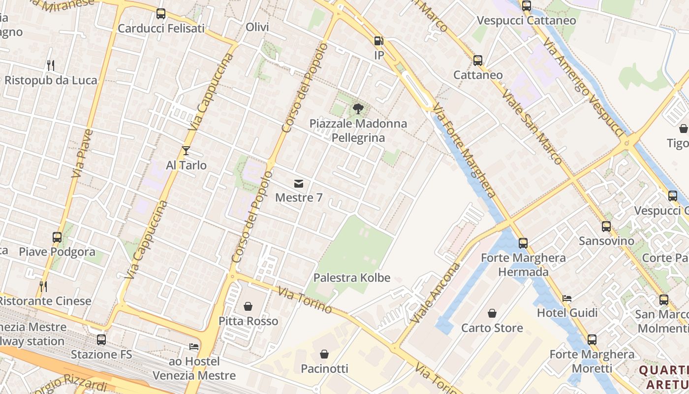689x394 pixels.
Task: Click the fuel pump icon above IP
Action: point(378,41)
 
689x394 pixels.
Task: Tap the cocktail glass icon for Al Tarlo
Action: point(186,150)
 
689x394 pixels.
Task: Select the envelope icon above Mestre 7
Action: point(298,184)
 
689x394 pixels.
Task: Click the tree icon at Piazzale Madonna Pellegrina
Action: point(358,109)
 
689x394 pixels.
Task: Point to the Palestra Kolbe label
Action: point(351,278)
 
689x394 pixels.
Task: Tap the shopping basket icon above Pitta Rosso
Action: point(249,306)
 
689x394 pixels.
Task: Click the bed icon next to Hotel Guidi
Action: point(567,298)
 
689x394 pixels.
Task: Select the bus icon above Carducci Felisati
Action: point(161,14)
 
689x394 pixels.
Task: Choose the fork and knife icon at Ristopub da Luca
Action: point(51,65)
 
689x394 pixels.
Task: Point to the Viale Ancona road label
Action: point(435,293)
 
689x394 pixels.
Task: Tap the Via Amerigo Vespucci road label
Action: point(584,87)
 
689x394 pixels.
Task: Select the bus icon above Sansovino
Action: point(606,227)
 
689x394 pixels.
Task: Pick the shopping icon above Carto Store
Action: point(492,313)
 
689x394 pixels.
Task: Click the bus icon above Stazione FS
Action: point(101,339)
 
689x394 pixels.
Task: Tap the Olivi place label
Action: point(257,27)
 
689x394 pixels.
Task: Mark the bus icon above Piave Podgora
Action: point(57,237)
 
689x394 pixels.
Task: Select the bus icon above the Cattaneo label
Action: point(478,61)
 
